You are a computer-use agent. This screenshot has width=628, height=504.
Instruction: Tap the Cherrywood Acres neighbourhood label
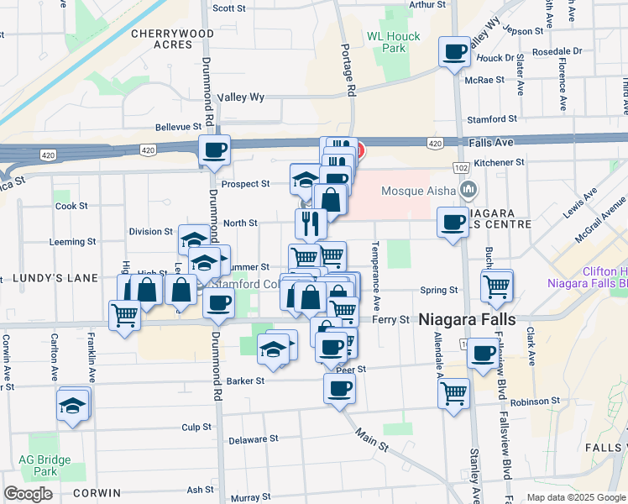[173, 39]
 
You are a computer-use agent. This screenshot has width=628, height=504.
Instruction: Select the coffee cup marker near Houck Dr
[454, 53]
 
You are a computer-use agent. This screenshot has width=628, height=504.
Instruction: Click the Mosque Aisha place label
[416, 191]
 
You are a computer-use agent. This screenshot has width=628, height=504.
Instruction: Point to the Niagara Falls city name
[464, 319]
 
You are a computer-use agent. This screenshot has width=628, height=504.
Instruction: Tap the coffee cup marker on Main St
[339, 389]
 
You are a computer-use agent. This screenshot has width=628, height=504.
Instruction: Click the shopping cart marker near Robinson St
[454, 392]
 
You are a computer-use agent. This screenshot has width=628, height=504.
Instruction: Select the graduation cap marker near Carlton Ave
[73, 407]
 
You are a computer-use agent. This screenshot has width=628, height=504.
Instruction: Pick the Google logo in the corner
[28, 494]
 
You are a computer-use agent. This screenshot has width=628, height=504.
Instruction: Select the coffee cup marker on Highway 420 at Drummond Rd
[214, 150]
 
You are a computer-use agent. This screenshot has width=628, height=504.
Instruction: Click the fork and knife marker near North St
[311, 223]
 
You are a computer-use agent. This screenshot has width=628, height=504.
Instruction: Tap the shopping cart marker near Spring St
[496, 286]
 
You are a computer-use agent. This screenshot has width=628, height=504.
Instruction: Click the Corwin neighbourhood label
[97, 493]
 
